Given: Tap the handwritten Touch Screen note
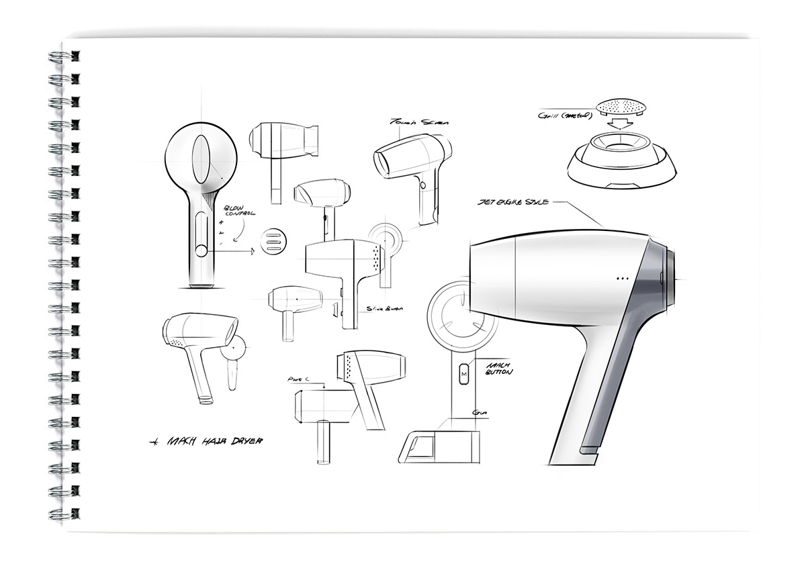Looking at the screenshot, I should (x=411, y=122).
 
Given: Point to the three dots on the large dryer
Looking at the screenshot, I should (x=621, y=278).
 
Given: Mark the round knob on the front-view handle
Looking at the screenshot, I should (x=201, y=252).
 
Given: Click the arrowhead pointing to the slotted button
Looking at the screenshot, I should (x=251, y=252).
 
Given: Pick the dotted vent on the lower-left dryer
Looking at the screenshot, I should (x=178, y=342).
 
